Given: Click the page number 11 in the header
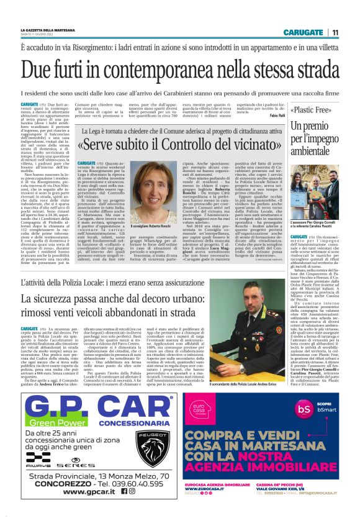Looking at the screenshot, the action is coord(335,32).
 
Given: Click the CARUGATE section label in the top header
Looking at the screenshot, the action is coord(302,32).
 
